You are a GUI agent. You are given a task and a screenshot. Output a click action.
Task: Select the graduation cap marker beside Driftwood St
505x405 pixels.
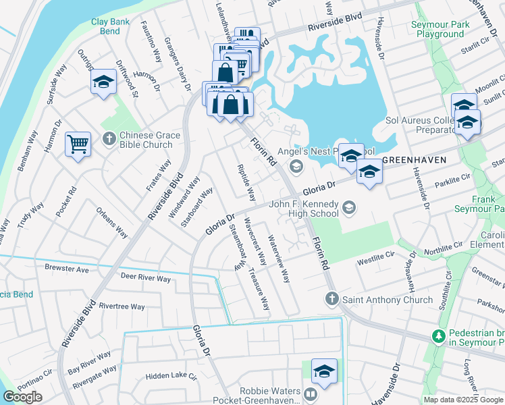click(102, 82)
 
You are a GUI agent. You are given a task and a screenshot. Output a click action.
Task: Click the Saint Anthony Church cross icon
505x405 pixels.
click(331, 299)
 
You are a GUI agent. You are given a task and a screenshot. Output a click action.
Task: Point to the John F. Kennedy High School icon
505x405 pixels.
click(348, 206)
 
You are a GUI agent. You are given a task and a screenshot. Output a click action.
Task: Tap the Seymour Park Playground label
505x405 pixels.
click(439, 30)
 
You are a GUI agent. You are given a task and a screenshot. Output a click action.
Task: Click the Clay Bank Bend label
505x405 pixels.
click(110, 26)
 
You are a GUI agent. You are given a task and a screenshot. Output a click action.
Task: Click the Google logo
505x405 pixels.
click(22, 397)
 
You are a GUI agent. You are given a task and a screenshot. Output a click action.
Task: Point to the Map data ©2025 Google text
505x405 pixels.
click(463, 400)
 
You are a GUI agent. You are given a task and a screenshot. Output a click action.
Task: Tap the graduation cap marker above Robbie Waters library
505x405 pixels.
click(324, 371)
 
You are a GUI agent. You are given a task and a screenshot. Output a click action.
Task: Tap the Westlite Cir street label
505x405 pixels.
click(375, 257)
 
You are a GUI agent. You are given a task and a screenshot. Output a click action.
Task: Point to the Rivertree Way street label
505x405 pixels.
click(122, 306)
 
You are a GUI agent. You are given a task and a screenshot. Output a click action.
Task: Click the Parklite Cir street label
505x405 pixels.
click(452, 178)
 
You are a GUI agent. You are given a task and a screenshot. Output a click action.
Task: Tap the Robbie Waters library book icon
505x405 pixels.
click(311, 394)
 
